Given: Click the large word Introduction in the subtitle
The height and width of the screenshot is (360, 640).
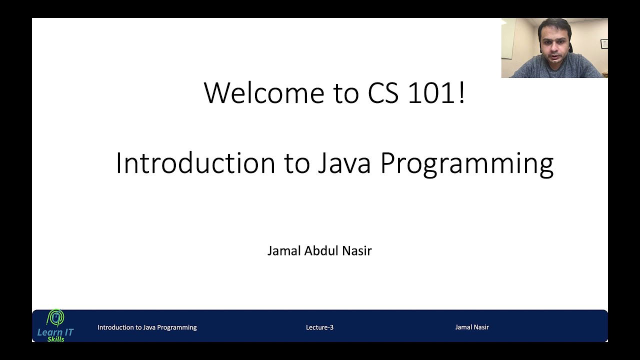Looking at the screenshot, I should (195, 163).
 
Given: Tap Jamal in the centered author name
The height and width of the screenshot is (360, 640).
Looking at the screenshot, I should (283, 250).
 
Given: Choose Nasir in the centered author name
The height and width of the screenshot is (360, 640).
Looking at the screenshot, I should (357, 250).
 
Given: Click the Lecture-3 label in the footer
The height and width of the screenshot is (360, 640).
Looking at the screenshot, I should (319, 327).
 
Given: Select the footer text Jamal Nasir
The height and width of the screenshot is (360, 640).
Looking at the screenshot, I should (471, 327).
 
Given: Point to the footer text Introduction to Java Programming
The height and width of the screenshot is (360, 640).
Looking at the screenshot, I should (147, 327).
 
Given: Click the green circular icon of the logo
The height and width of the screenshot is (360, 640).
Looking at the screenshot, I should (55, 317).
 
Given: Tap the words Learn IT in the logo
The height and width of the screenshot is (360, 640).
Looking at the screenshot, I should (55, 332).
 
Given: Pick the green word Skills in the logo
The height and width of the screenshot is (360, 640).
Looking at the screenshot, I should (55, 339).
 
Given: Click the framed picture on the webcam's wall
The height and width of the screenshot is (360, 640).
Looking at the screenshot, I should (604, 43).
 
